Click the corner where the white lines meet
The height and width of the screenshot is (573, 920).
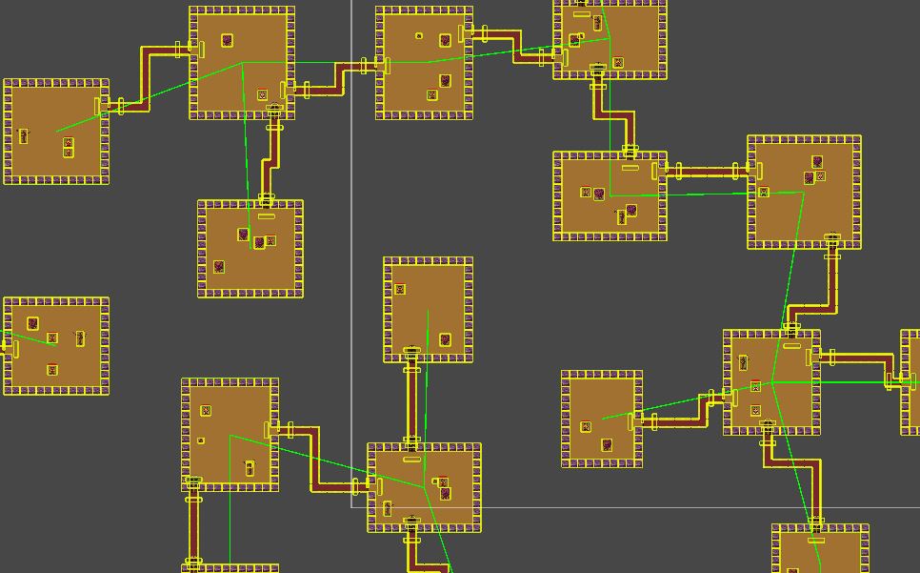[x=352, y=507]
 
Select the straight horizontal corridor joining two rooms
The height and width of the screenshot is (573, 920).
[x=708, y=172]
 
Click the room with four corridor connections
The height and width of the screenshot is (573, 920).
[x=771, y=382]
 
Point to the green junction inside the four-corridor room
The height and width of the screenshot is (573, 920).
[x=772, y=382]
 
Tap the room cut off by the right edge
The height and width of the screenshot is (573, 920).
[x=910, y=381]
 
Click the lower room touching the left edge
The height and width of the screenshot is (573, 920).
[x=56, y=345]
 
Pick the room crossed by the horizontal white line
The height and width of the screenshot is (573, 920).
[x=424, y=486]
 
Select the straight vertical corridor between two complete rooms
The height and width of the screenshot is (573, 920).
[x=411, y=400]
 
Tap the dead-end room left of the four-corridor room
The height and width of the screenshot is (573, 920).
[x=601, y=420]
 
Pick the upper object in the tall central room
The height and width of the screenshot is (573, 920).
[x=400, y=289]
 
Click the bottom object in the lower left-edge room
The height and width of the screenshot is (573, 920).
[x=52, y=370]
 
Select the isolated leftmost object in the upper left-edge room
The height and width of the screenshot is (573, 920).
[x=24, y=135]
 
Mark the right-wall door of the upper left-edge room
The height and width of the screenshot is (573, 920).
[x=98, y=106]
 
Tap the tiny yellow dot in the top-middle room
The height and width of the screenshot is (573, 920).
[x=419, y=36]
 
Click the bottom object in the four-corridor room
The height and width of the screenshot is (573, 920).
[x=755, y=411]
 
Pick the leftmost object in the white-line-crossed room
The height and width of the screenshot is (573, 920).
[x=387, y=509]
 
